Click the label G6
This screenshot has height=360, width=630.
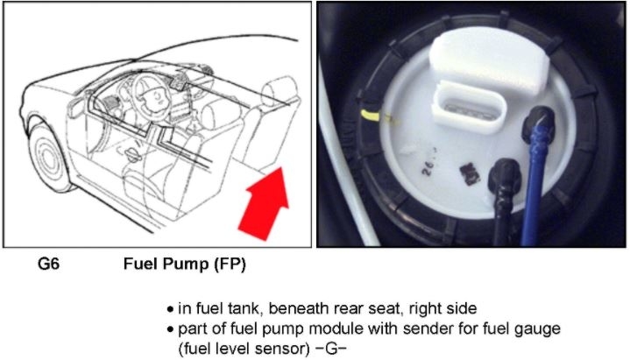[x=48, y=265]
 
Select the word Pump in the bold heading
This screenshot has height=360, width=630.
[x=186, y=265]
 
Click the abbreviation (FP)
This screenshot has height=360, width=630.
[x=230, y=265]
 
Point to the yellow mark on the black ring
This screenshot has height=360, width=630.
[x=371, y=116]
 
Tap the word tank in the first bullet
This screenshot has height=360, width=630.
[x=249, y=308]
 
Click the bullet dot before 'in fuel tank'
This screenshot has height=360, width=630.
[x=170, y=309]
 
